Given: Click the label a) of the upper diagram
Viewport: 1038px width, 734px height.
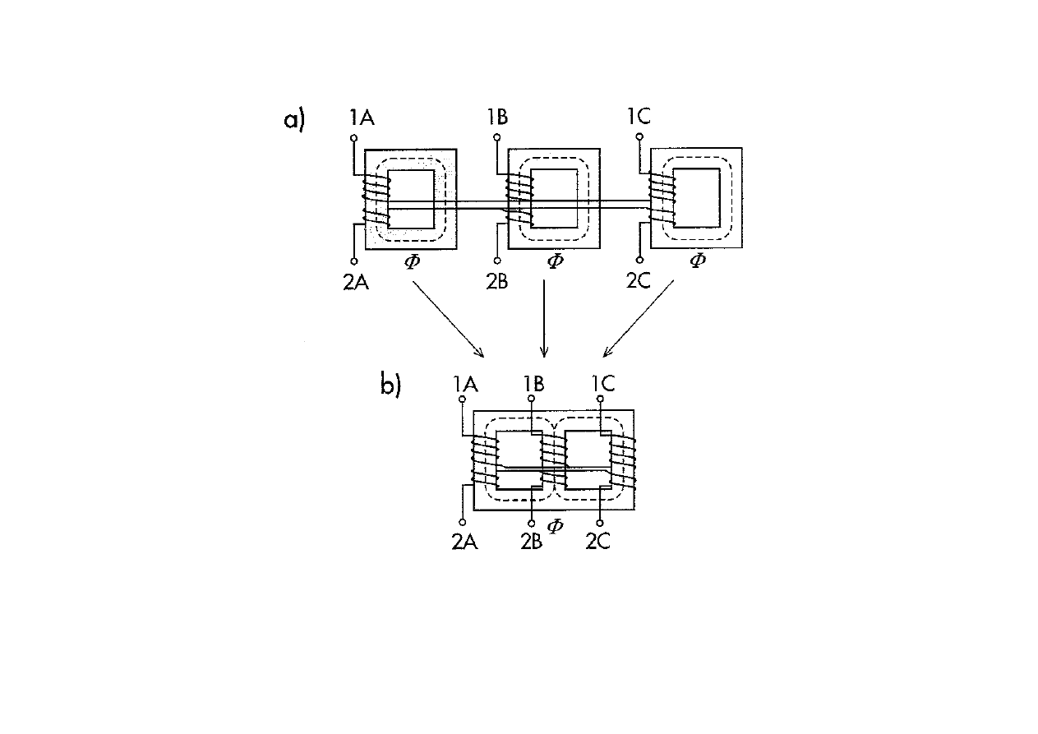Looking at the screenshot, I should (293, 119).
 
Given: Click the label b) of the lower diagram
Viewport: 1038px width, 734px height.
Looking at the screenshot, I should (390, 385).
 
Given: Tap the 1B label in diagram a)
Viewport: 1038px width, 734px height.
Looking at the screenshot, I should (496, 117).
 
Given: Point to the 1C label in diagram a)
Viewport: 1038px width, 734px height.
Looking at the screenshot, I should (638, 117).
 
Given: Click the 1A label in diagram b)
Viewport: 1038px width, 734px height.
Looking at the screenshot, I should (466, 383).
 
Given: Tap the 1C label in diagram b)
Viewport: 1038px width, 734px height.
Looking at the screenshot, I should (602, 383).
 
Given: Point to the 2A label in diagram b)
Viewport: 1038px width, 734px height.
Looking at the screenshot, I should (465, 541).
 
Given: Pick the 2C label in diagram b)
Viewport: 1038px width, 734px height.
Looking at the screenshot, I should (597, 541).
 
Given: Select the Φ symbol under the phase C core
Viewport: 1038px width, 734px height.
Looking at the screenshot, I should (697, 261).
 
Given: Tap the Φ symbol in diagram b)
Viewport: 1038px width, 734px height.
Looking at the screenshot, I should (555, 525).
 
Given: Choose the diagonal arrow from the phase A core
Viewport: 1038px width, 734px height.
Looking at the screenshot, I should (448, 319).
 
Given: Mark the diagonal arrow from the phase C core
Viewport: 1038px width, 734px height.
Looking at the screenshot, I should (639, 319).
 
